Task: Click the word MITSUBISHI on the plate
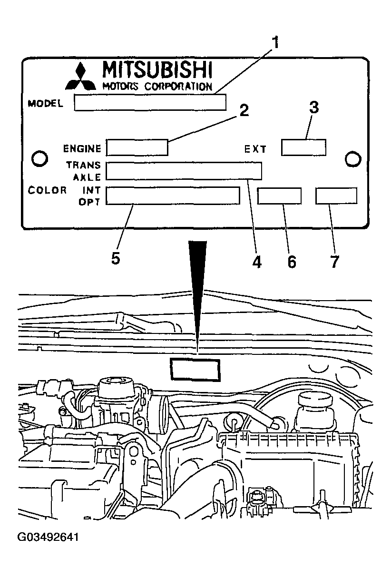(157, 70)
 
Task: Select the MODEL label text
(46, 103)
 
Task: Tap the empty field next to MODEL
(150, 102)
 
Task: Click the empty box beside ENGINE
(137, 147)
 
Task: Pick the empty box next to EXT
(303, 147)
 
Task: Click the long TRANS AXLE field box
(184, 171)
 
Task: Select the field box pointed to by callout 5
(173, 196)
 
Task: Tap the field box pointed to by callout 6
(279, 196)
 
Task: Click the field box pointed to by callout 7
(336, 196)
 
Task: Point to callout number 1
(275, 43)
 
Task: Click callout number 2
(243, 111)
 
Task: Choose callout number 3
(314, 108)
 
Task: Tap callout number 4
(257, 261)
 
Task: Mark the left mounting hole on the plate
(39, 157)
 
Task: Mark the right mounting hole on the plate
(353, 158)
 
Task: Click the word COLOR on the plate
(48, 190)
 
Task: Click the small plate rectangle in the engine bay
(195, 370)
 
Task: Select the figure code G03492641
(48, 538)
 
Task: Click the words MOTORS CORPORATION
(157, 86)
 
